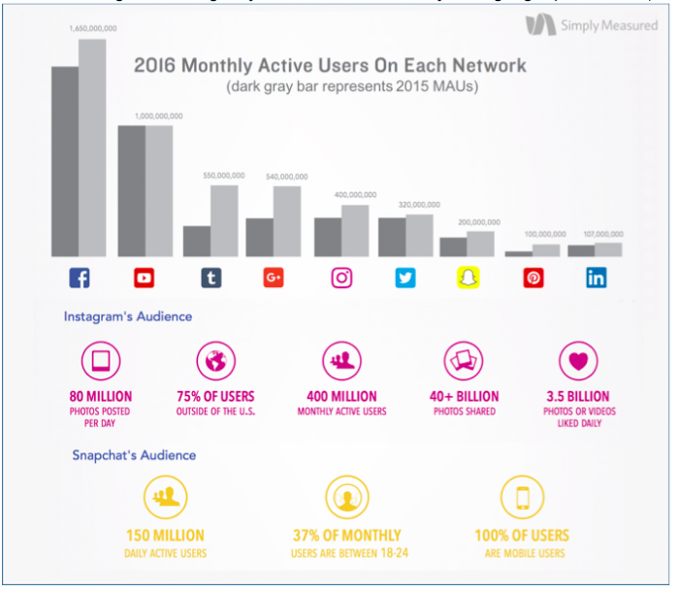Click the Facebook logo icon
[80, 279]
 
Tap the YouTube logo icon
[145, 279]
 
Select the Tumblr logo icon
[210, 279]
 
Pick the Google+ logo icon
[274, 279]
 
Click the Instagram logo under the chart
[341, 279]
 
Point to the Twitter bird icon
[405, 279]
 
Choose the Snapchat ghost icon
[469, 279]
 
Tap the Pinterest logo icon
[533, 279]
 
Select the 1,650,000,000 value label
[92, 29]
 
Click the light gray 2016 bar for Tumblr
[224, 220]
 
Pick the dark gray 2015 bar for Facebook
[65, 161]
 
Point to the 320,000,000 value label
[419, 205]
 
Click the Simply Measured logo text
[608, 26]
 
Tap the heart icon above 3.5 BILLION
[578, 362]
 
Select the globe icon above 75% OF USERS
[215, 362]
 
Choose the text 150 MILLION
[166, 536]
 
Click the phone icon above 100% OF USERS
[521, 499]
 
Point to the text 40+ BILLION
[464, 396]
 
